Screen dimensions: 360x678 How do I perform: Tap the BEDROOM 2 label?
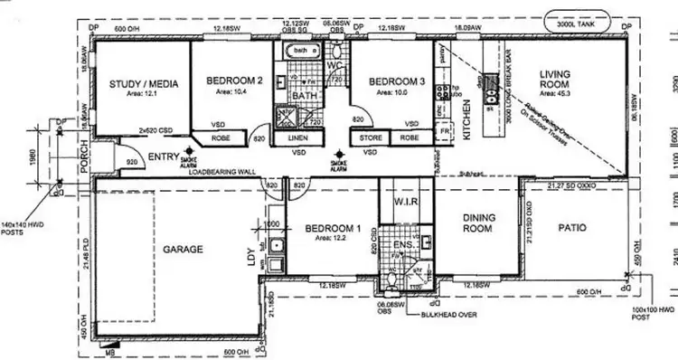(x=234, y=81)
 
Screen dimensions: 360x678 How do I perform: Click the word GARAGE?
(x=182, y=249)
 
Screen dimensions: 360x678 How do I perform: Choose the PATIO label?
(x=570, y=228)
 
